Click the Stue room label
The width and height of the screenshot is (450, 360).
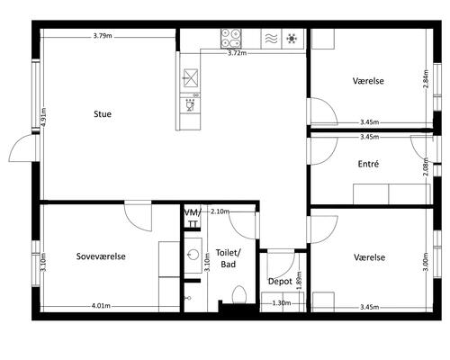pos(103,114)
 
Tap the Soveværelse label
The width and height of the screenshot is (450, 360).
pos(101,256)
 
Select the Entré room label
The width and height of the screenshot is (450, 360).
pos(368,164)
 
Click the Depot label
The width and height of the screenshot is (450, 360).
pos(280,282)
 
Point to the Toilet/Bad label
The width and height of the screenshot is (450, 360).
pos(229,258)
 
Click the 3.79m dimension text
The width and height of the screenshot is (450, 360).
pos(103,36)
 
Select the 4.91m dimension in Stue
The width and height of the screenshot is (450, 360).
pos(44,117)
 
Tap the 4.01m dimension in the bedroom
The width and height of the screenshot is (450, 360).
pos(101,306)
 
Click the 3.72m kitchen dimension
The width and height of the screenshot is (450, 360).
pos(237,53)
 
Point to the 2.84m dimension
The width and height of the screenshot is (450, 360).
pos(426,79)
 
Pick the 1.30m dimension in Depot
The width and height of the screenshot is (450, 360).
pos(282,303)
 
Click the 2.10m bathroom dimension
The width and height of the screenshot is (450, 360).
pos(220,211)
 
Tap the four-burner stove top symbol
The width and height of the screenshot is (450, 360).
pos(231,39)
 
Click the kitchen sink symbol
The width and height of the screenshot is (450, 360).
pos(191,78)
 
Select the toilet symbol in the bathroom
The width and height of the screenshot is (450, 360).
pos(239,294)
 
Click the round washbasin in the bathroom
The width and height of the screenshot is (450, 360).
pos(193,255)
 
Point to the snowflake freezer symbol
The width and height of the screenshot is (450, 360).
pos(292,39)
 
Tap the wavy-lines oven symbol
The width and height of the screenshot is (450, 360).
pos(271,39)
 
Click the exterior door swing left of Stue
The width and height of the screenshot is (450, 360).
pos(22,148)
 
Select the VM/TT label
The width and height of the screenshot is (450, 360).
pos(193,219)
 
